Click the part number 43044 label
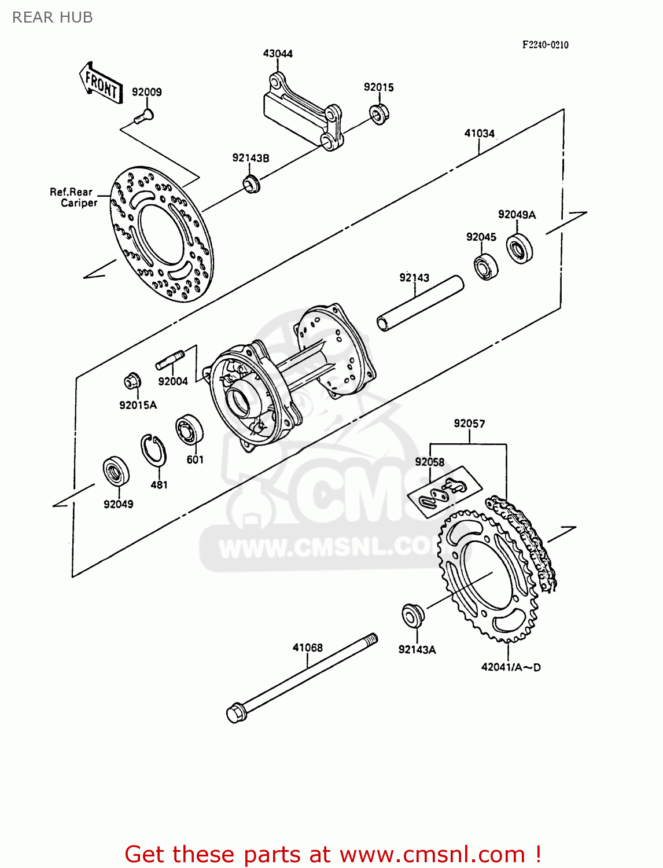pyautogui.click(x=278, y=54)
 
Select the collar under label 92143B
pyautogui.click(x=251, y=184)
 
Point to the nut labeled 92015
pyautogui.click(x=379, y=113)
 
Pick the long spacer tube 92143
pyautogui.click(x=421, y=303)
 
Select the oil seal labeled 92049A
pyautogui.click(x=520, y=249)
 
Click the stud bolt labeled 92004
pyautogui.click(x=170, y=359)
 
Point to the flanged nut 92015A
pyautogui.click(x=132, y=381)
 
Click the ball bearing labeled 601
pyautogui.click(x=189, y=430)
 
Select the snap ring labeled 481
pyautogui.click(x=153, y=450)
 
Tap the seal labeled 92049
pyautogui.click(x=116, y=472)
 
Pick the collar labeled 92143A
pyautogui.click(x=412, y=614)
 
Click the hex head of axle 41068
pyautogui.click(x=234, y=712)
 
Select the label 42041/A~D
pyautogui.click(x=511, y=667)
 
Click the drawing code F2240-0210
pyautogui.click(x=545, y=45)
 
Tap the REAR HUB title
pyautogui.click(x=53, y=17)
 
